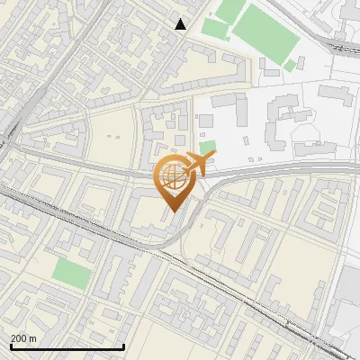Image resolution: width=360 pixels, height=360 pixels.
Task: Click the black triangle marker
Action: coord(181,24)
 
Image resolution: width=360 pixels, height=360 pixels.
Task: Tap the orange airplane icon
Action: coord(200,164)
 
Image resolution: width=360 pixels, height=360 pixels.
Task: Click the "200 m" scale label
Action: coord(23,337)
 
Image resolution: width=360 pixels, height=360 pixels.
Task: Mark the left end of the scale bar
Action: coord(10,346)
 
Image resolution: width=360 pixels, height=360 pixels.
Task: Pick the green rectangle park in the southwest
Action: coord(71,274)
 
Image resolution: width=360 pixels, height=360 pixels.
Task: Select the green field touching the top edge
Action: coord(229,10)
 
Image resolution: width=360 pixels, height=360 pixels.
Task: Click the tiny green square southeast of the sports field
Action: coord(289,66)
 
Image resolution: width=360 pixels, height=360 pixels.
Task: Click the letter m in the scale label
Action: coord(33,337)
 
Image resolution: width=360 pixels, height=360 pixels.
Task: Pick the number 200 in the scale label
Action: coord(18,337)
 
